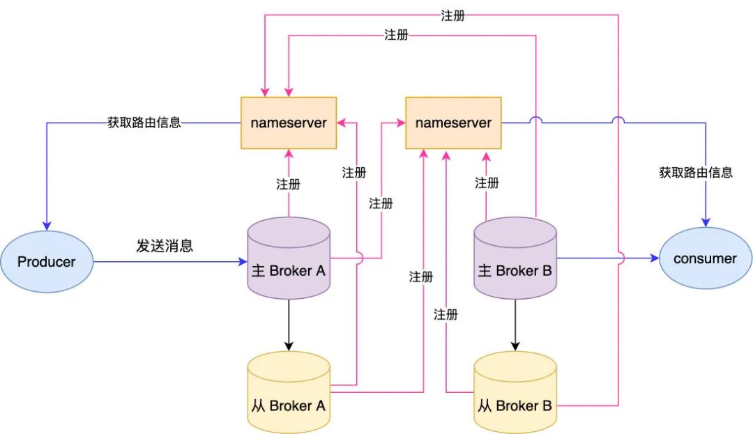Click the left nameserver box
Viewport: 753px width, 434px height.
tap(289, 123)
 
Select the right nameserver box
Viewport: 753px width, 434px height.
tap(453, 123)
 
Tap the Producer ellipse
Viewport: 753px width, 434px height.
tap(46, 262)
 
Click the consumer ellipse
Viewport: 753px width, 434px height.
tap(705, 258)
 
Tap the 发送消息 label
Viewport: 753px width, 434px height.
tap(165, 246)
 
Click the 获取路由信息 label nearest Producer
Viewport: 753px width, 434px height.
tap(145, 123)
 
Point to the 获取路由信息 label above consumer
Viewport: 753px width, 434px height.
tap(696, 172)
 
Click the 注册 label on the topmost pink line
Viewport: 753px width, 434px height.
tap(452, 15)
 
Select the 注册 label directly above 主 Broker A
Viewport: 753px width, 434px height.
tap(289, 185)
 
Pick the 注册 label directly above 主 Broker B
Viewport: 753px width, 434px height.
tap(487, 183)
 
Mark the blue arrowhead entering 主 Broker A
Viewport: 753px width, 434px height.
tap(243, 262)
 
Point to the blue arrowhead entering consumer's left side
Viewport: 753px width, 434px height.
tap(655, 258)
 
